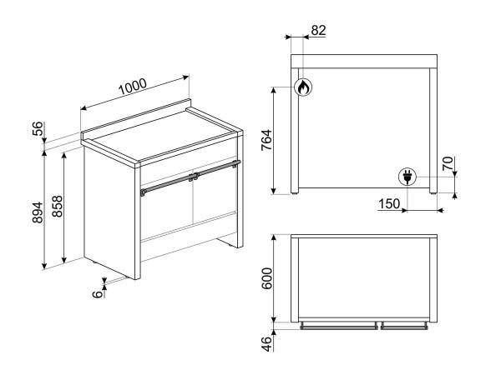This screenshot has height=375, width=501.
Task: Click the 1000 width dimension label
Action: pyautogui.click(x=132, y=86)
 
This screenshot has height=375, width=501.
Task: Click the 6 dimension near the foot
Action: pyautogui.click(x=98, y=293)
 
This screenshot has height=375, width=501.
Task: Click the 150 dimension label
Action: pyautogui.click(x=387, y=205)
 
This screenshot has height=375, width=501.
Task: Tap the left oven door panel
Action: pyautogui.click(x=167, y=212)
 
